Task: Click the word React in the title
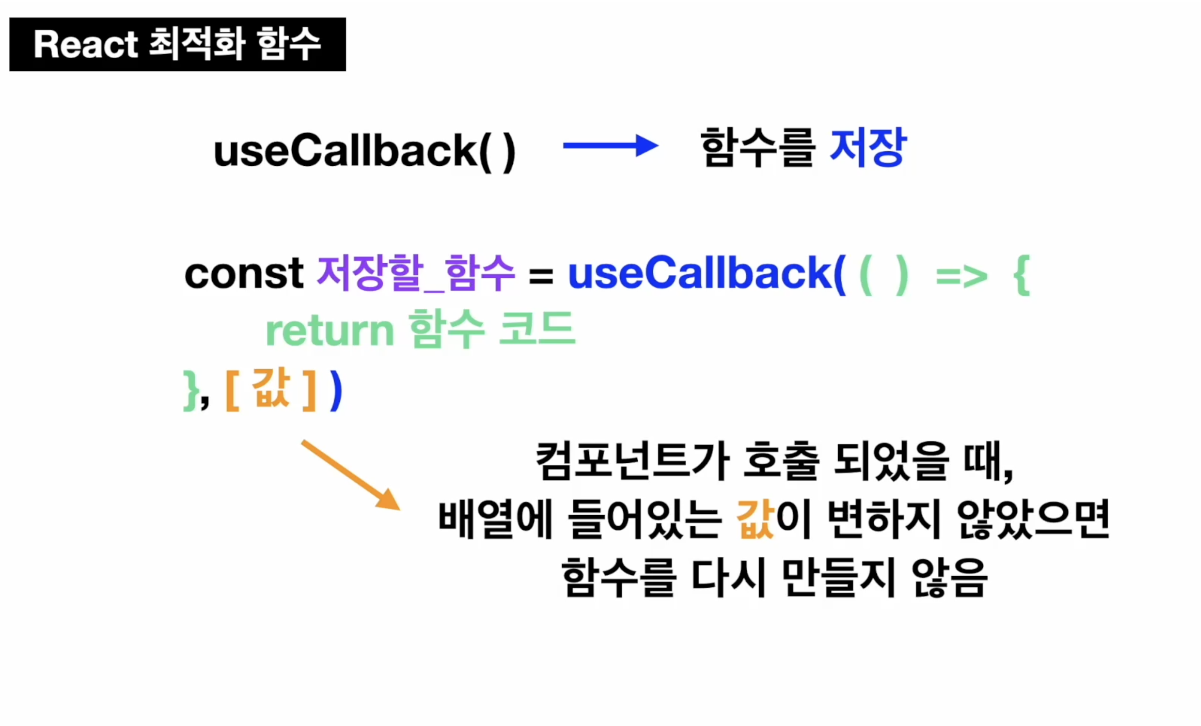point(86,44)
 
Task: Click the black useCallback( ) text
point(364,152)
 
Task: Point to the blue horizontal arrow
point(611,146)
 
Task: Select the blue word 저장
point(868,147)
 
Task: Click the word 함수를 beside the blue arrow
point(758,147)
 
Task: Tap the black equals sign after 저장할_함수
point(541,276)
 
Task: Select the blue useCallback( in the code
point(707,274)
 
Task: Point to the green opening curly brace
point(1022,275)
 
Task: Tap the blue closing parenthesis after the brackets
point(336,391)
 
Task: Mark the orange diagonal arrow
point(351,475)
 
